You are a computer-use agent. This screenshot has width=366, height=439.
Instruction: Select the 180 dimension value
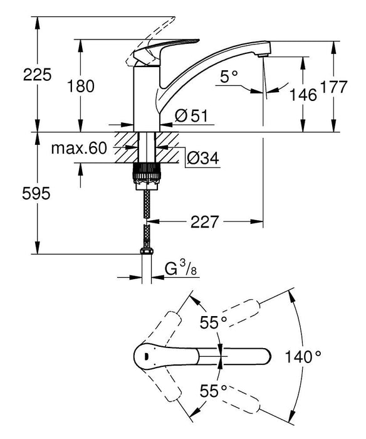(x=81, y=87)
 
